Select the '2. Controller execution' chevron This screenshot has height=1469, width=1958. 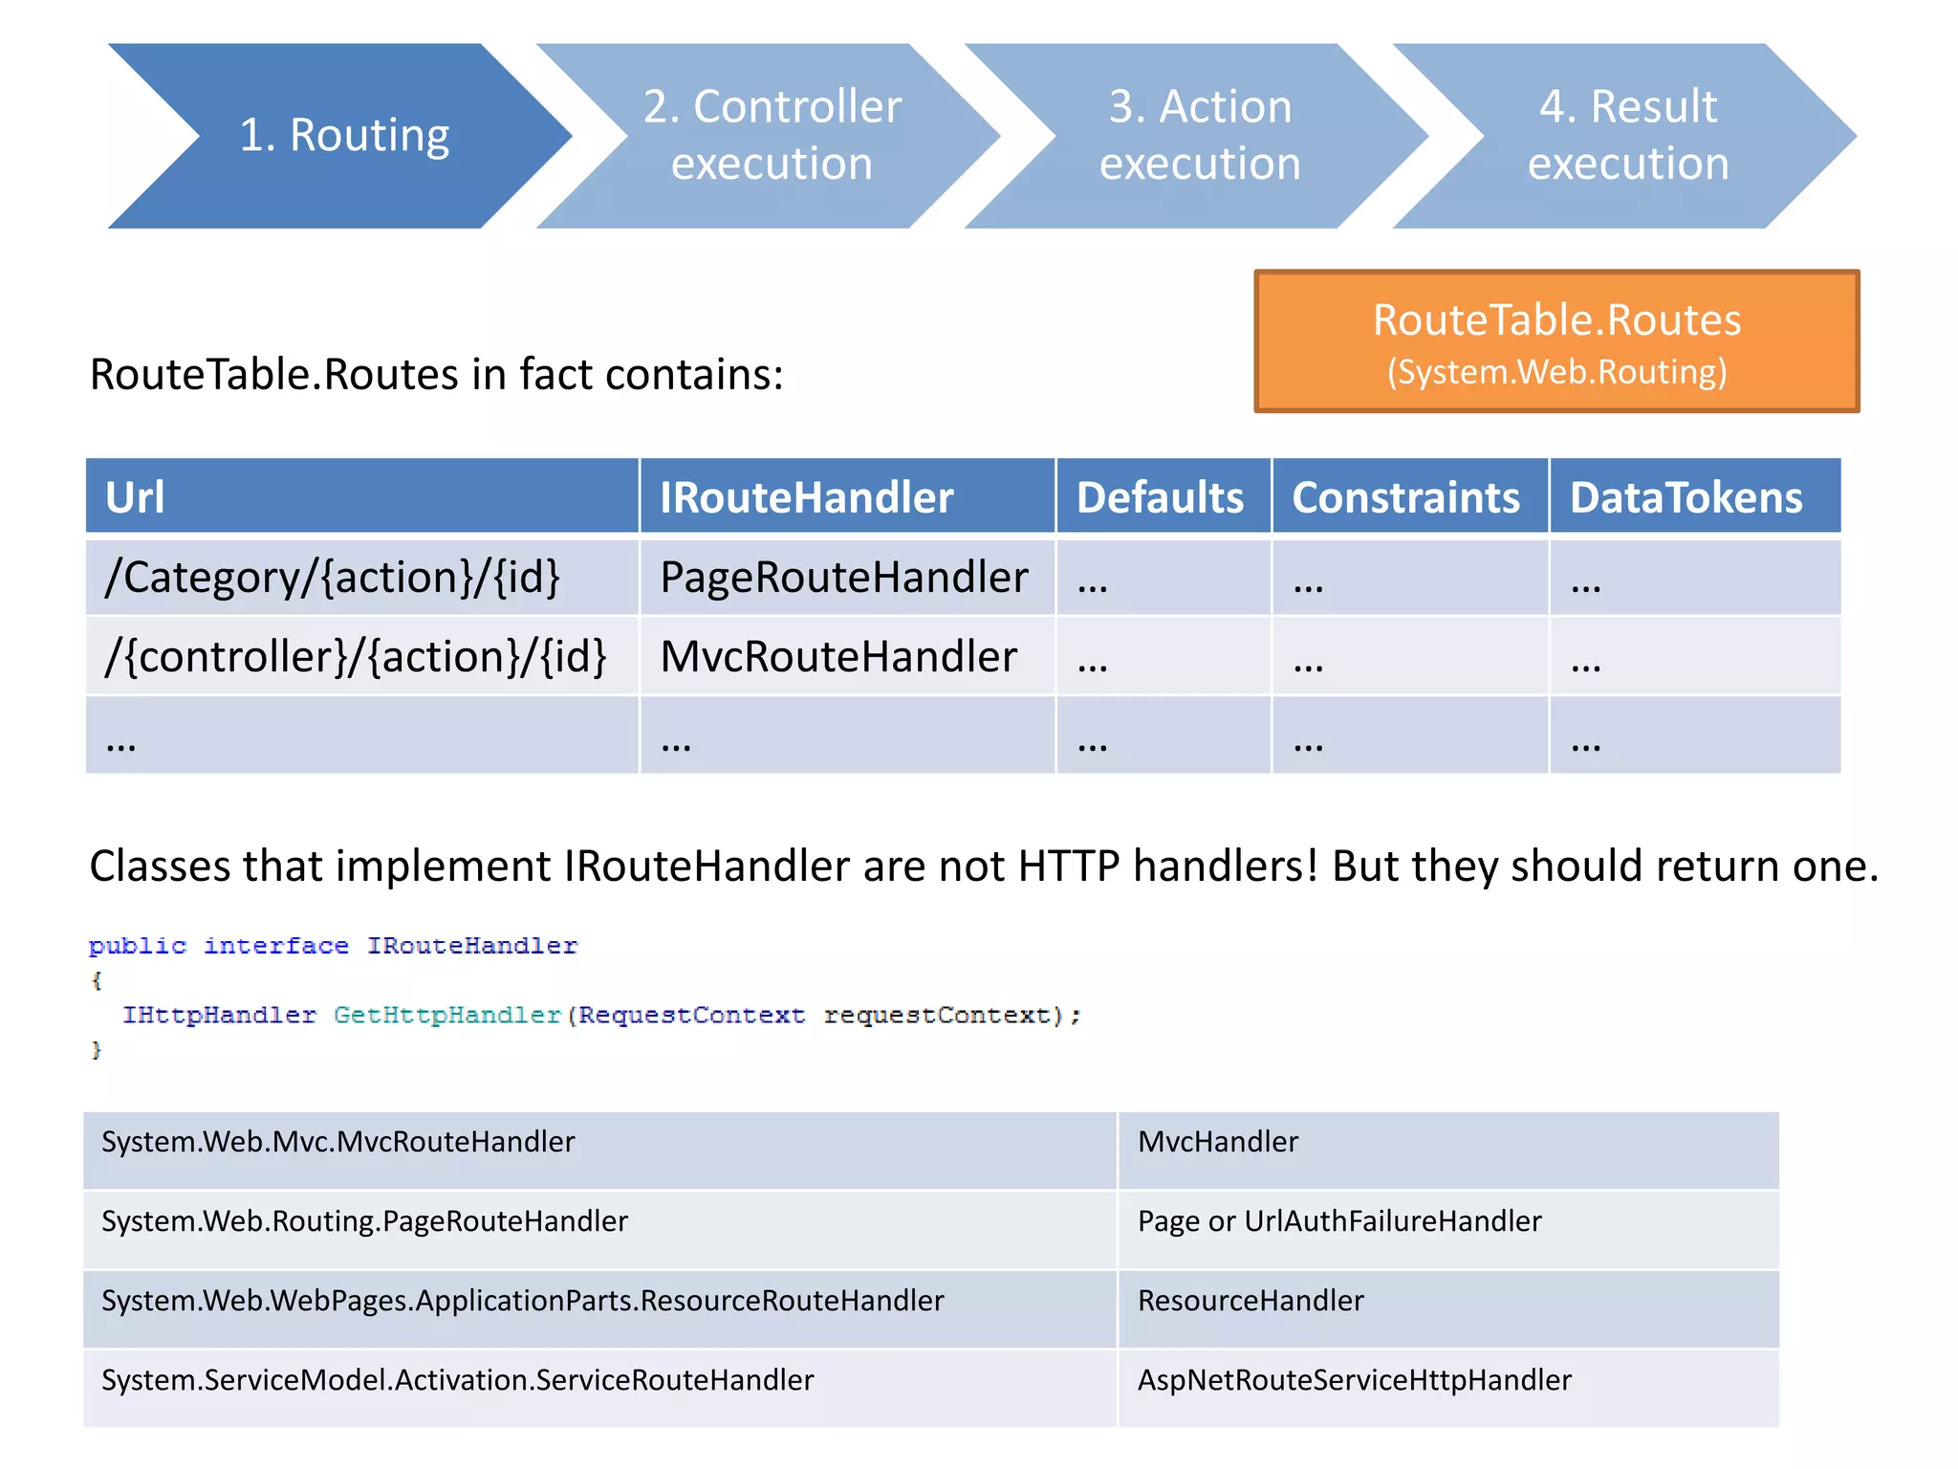pos(772,136)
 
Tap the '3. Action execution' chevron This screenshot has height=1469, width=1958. pos(1200,136)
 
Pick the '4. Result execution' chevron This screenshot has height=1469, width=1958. pos(1628,136)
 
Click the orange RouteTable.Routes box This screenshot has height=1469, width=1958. pos(1556,341)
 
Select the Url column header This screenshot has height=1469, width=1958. pos(361,496)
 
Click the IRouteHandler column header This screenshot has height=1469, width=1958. pos(847,496)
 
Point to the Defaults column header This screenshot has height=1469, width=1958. pos(1163,496)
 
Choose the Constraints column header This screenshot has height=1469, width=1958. pos(1408,496)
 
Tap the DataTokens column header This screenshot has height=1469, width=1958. pos(1693,496)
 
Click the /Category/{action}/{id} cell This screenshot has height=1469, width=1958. pos(361,578)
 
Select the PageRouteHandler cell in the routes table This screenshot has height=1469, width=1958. pos(845,578)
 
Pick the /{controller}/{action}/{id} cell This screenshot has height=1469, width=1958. pos(361,657)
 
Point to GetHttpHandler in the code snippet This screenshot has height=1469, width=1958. pos(446,1015)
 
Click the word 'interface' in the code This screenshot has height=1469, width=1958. pos(276,946)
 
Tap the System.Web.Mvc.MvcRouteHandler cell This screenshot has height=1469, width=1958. pos(598,1150)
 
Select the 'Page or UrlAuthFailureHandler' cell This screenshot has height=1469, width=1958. pos(1447,1229)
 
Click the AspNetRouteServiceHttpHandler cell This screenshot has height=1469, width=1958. pos(1447,1388)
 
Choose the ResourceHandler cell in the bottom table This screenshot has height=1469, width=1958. pos(1447,1308)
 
